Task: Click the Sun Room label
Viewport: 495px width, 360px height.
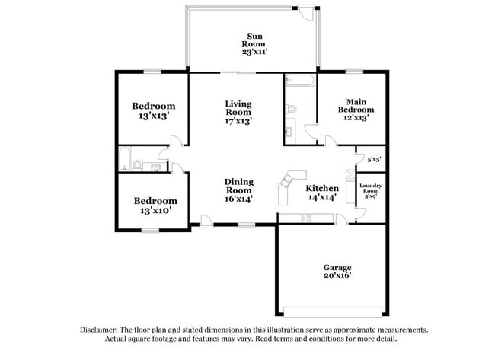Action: pos(254,44)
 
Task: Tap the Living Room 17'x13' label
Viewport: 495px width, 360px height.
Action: pos(238,113)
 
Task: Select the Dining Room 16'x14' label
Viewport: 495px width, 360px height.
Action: pos(239,190)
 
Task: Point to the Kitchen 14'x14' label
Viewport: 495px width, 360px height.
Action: pos(322,193)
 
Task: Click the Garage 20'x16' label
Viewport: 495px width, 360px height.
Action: pos(337,272)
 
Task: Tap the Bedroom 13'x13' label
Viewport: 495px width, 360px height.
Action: pos(154,110)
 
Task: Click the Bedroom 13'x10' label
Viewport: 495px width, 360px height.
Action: pos(155,205)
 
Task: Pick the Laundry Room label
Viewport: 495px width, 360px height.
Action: pos(371,188)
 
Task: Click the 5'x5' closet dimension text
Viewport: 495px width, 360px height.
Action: pos(375,160)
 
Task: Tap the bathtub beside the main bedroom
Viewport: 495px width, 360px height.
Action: pos(300,81)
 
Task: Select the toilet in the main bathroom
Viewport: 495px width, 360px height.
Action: pos(292,109)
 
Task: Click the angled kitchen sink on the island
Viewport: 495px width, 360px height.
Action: pos(287,182)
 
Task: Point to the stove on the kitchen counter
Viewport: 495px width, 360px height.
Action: pos(306,218)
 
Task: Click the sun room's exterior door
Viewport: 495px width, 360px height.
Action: pos(306,13)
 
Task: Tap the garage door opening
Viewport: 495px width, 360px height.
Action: pos(333,312)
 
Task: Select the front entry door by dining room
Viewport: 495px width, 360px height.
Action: pos(206,221)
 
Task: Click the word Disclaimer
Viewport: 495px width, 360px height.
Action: pos(98,330)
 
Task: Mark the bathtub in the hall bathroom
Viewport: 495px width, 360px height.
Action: pos(125,159)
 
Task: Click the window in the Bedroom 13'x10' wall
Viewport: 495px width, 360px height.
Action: pos(150,231)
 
